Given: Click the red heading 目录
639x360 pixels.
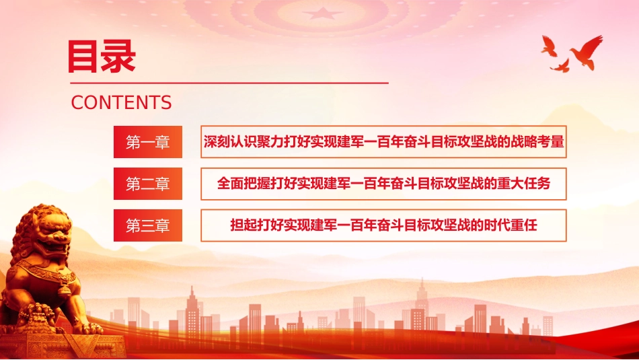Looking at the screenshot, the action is pos(102,57).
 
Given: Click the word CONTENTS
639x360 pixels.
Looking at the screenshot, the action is pos(121,102).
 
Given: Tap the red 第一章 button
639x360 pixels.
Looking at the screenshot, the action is pos(148,142).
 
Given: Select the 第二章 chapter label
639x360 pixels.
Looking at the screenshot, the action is pos(148,184).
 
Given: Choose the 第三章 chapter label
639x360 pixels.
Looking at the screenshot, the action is pos(148,225).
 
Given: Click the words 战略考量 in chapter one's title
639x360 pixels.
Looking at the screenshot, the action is pos(537,141).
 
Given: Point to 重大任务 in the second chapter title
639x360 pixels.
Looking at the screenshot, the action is pos(524,184).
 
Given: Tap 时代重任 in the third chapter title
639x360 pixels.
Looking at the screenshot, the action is pos(511,225).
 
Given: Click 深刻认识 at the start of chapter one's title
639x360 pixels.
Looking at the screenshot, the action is pos(230,141).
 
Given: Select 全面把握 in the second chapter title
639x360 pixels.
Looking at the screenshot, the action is pos(243,184).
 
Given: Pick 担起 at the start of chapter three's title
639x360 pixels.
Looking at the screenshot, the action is pos(243,225).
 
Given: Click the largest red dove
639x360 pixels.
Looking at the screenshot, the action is pos(587,51).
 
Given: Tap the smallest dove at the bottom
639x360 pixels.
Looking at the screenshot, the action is pos(560,66).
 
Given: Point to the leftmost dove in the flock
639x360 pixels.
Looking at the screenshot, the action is pos(549,46).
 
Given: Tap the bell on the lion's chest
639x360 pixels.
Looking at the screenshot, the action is pos(64,290).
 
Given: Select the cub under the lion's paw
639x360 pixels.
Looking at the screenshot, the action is pos(39,316).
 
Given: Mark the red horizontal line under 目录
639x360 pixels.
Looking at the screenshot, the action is pos(229,83).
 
